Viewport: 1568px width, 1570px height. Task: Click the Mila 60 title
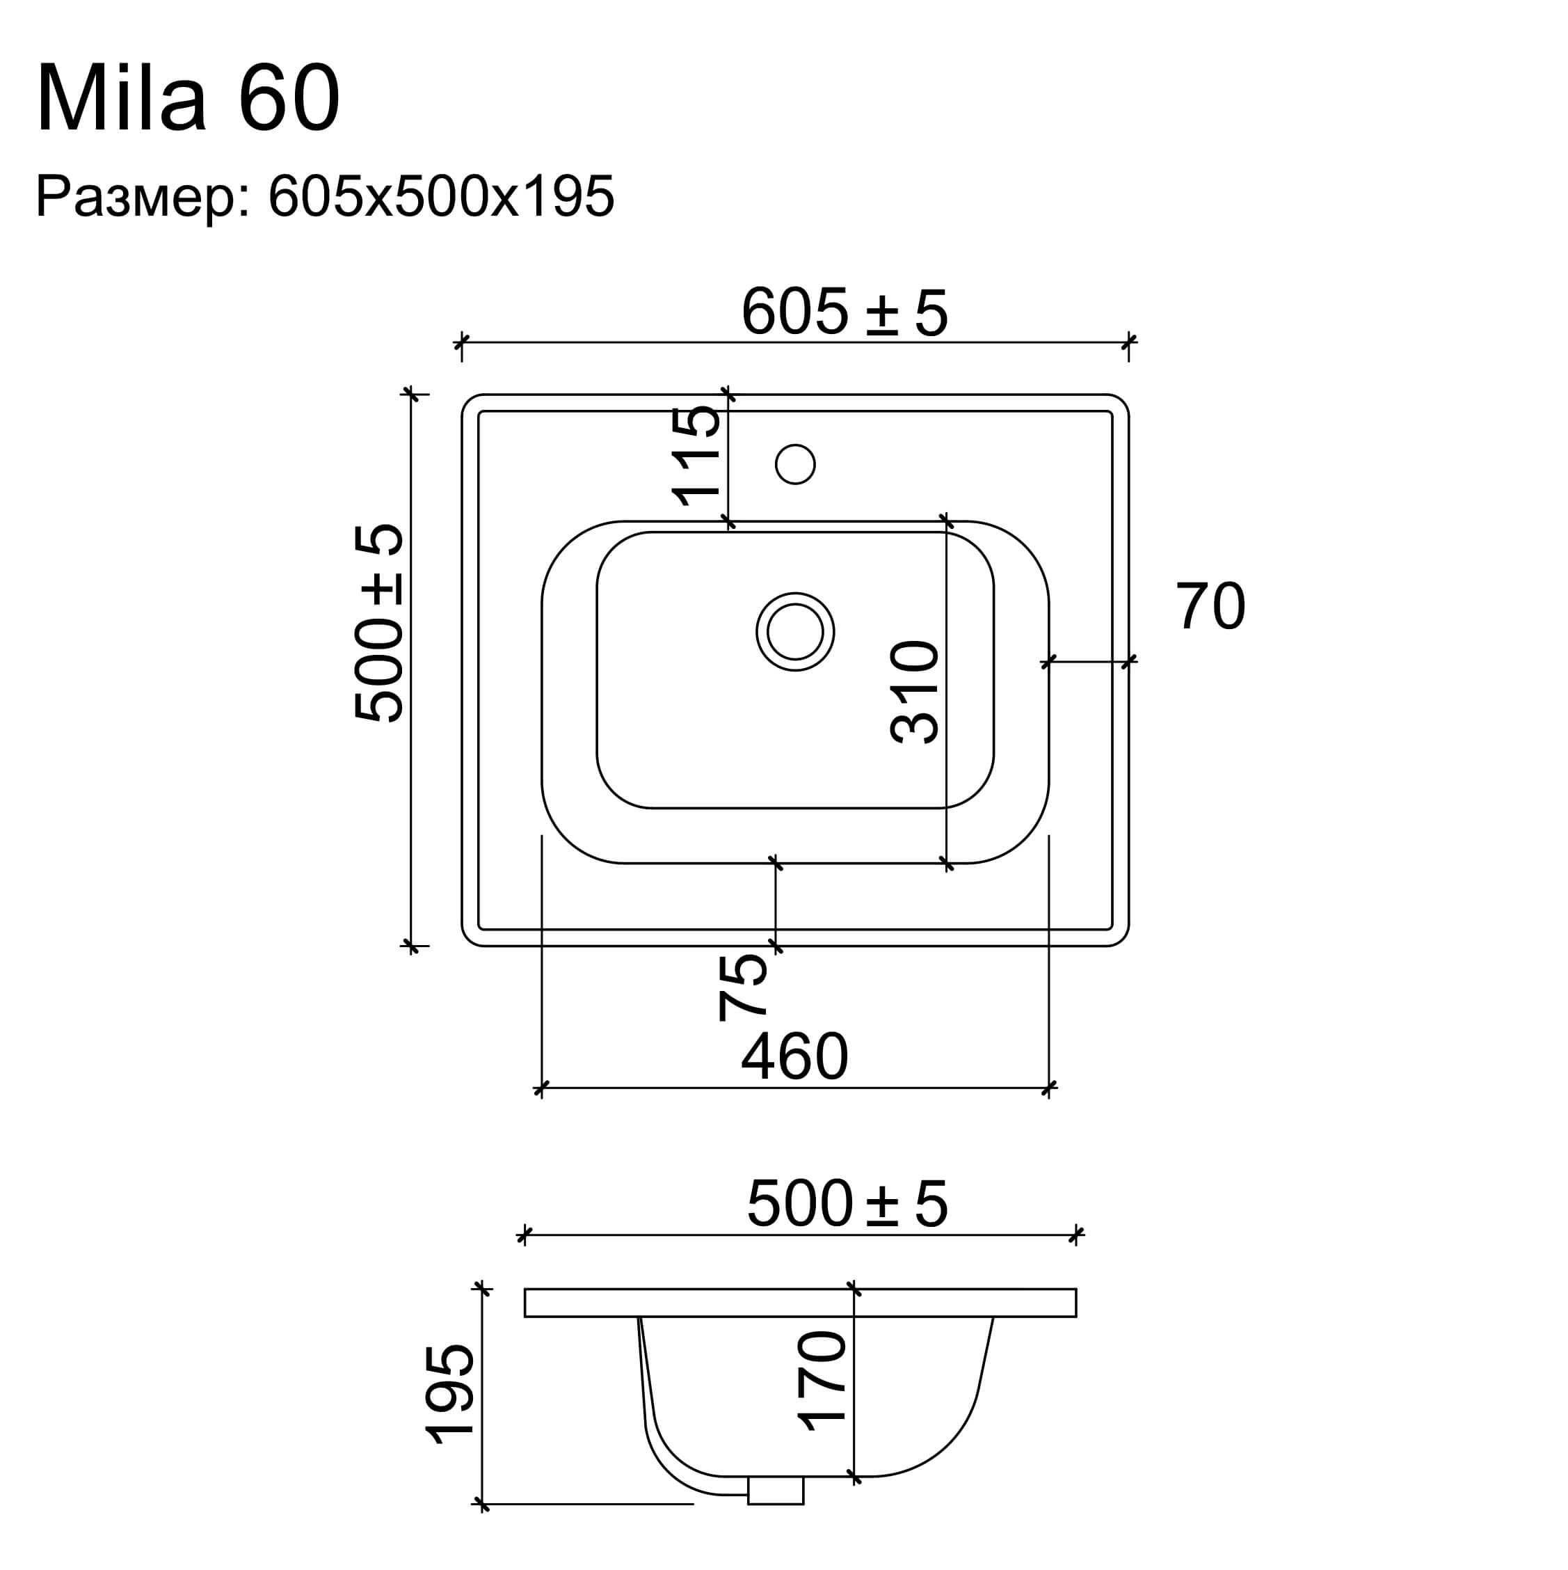click(x=188, y=98)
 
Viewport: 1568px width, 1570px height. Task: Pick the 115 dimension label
click(x=696, y=456)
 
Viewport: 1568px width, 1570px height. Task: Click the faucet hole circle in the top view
click(x=794, y=464)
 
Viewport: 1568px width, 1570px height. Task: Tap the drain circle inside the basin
click(x=794, y=631)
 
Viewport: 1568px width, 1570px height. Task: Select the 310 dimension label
click(x=915, y=692)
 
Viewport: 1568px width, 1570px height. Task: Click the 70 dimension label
click(x=1210, y=606)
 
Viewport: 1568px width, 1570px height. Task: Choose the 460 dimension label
click(x=794, y=1056)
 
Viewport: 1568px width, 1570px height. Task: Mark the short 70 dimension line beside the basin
click(x=1088, y=662)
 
